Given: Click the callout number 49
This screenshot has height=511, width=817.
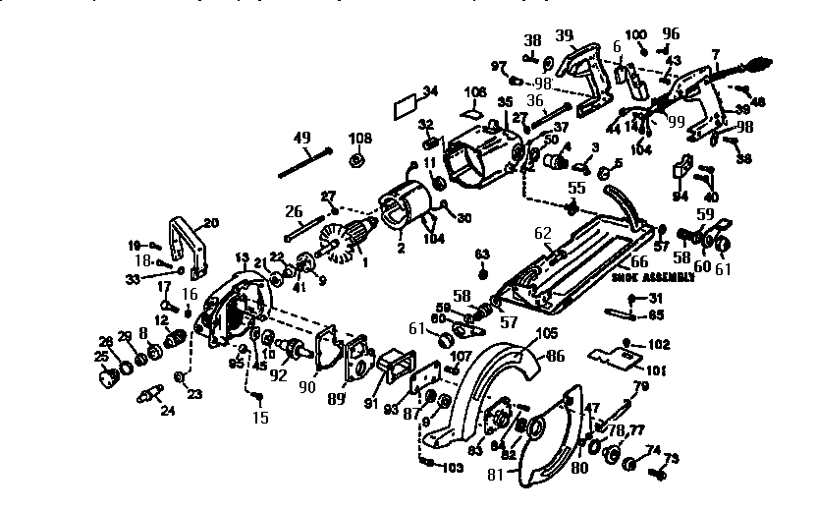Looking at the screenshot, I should tap(301, 137).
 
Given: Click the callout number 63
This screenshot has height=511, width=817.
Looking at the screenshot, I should tap(481, 254).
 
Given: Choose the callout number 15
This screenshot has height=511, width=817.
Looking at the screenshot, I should tap(259, 417).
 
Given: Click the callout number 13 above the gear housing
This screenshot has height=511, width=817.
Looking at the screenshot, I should tap(242, 257).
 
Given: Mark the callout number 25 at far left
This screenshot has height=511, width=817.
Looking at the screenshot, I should tap(101, 355).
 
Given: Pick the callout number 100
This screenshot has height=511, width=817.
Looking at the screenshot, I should tap(637, 34).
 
